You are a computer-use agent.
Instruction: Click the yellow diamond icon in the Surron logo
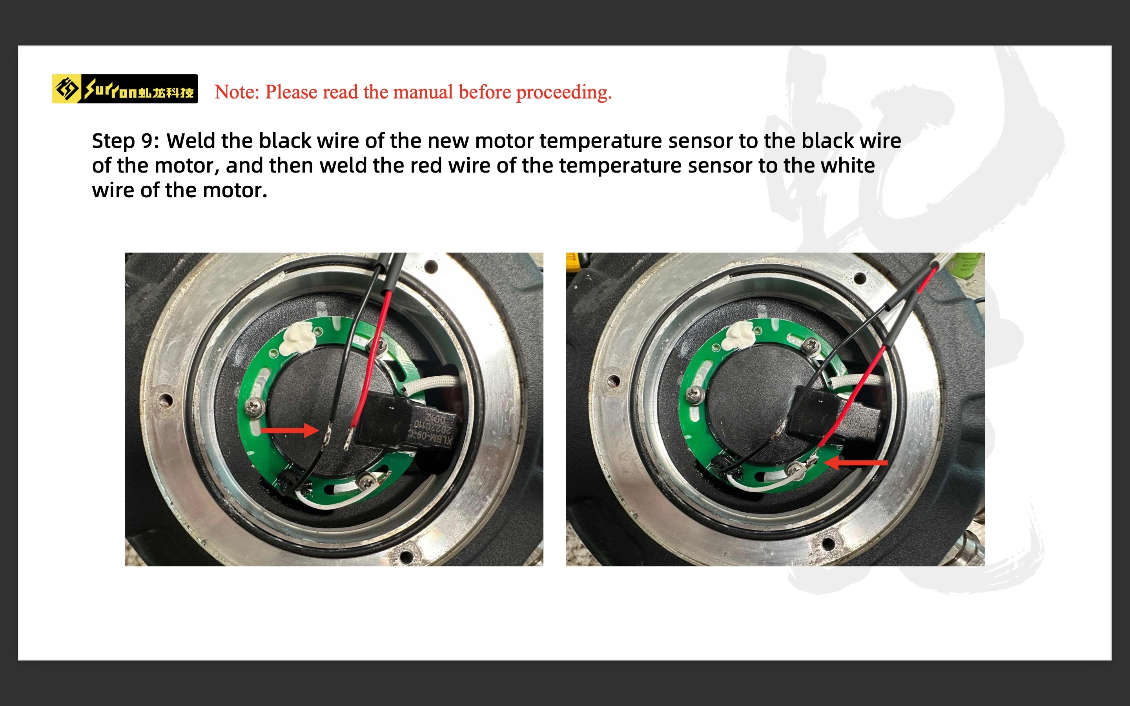point(66,89)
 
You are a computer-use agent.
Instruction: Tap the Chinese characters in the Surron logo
point(166,93)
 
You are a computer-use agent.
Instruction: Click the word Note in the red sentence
point(235,92)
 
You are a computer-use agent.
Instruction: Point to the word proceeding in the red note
point(563,93)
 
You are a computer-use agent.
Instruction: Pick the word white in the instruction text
point(829,165)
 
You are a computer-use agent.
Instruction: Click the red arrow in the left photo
point(290,430)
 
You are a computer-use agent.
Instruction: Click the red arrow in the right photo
point(856,462)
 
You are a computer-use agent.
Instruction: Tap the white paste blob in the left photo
point(297,337)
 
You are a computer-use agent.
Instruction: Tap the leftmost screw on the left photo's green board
point(255,408)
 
